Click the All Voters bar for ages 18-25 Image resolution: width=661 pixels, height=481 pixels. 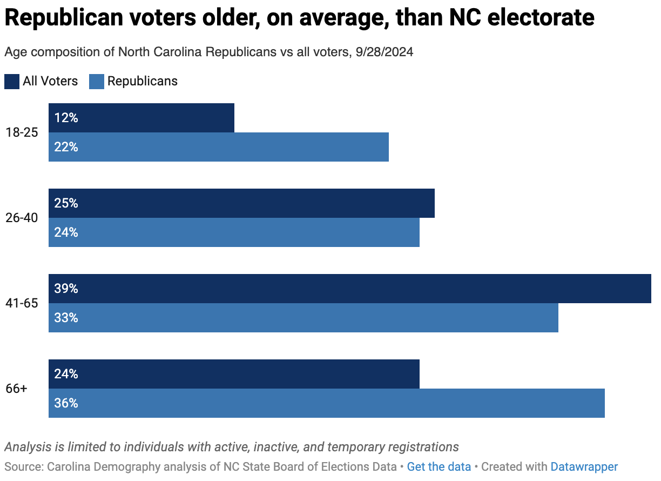pos(141,118)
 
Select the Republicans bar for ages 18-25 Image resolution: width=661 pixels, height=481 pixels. pos(219,147)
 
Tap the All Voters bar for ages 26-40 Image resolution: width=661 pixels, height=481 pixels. pos(241,203)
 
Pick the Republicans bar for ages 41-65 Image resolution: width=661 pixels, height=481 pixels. pos(303,318)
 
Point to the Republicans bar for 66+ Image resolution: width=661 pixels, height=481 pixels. pos(327,403)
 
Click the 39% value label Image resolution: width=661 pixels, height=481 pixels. pos(66,289)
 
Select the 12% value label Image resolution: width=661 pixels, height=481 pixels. pos(66,118)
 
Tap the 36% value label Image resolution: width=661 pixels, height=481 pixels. pos(66,403)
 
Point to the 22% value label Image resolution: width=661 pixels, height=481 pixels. pos(66,147)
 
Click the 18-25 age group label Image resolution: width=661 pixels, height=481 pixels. pos(22,132)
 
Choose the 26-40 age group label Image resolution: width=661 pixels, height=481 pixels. pos(22,218)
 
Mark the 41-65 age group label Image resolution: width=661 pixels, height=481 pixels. pos(22,303)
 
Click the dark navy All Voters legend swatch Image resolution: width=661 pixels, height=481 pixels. pos(12,82)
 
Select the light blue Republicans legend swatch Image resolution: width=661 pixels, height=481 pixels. pos(97,82)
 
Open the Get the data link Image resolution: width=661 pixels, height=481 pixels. pos(439,466)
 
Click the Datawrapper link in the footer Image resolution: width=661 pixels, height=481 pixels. pos(584,466)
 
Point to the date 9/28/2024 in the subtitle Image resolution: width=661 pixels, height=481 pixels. pos(385,52)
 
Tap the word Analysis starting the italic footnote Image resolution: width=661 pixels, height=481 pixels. pos(27,447)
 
